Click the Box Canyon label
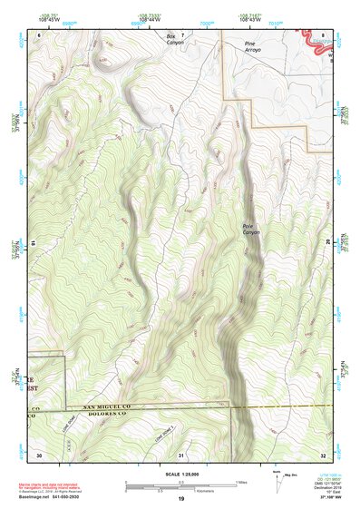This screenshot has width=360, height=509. (174, 40)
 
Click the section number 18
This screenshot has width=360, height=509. (34, 243)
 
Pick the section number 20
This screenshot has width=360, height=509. (326, 243)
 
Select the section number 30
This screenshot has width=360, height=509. (39, 454)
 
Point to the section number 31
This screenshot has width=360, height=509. (181, 454)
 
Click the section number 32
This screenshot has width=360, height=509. (323, 454)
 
